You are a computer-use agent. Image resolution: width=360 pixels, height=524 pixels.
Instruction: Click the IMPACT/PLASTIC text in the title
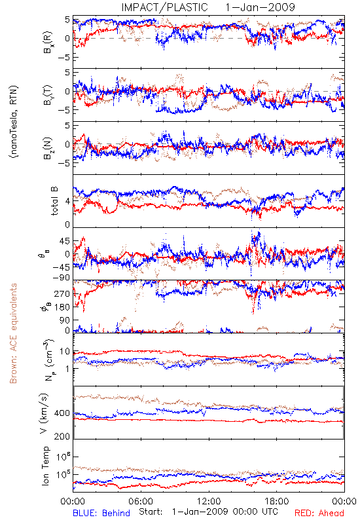(164, 7)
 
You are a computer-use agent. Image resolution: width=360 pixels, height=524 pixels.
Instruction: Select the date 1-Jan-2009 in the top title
(260, 7)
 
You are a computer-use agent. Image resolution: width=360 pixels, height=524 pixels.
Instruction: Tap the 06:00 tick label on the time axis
(141, 501)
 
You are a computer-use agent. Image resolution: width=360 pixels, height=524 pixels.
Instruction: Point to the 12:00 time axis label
(209, 501)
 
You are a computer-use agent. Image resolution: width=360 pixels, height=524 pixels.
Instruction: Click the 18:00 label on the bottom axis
(277, 501)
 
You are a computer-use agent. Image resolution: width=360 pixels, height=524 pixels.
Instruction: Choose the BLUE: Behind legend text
(101, 513)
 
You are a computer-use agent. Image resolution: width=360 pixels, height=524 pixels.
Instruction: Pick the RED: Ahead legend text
(319, 513)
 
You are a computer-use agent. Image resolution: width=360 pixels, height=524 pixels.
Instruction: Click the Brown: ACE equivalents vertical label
(13, 333)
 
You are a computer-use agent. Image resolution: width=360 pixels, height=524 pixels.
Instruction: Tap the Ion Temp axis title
(45, 466)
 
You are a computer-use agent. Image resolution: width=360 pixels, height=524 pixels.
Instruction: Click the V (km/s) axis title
(44, 413)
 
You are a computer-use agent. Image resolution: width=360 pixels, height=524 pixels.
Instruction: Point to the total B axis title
(54, 201)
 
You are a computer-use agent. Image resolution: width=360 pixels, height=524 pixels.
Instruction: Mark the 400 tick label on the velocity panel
(62, 413)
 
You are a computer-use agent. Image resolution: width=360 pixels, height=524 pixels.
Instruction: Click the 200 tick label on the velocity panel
(62, 436)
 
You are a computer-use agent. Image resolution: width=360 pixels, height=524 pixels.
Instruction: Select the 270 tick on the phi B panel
(62, 293)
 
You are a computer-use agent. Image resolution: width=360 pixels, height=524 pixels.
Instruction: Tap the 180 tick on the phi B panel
(62, 307)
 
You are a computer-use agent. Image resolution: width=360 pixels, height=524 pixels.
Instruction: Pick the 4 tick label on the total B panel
(68, 201)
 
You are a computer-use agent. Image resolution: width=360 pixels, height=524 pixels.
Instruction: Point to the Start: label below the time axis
(151, 512)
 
